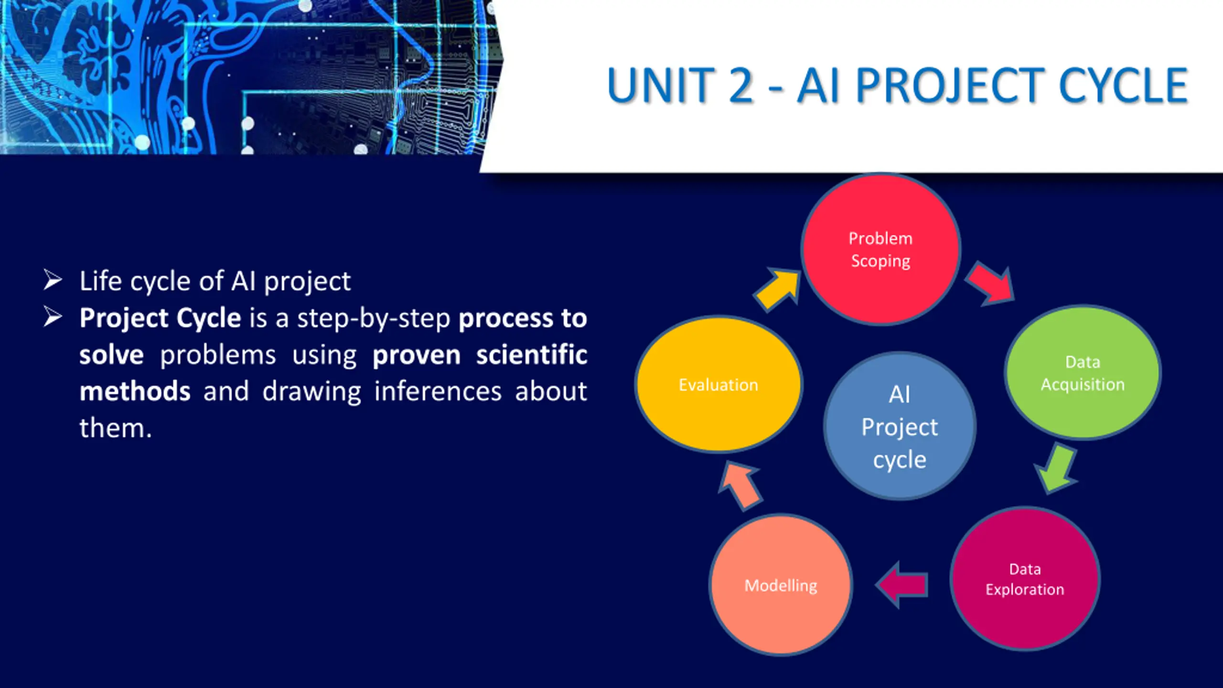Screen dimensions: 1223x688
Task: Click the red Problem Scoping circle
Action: pyautogui.click(x=880, y=249)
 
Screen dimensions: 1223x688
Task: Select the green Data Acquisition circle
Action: pyautogui.click(x=1083, y=372)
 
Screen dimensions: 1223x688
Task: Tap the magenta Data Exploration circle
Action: pyautogui.click(x=1025, y=579)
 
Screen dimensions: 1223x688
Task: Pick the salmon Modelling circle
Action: pyautogui.click(x=781, y=584)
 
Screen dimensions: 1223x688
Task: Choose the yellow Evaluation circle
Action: pyautogui.click(x=719, y=384)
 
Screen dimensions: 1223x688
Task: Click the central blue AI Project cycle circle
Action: pyautogui.click(x=900, y=426)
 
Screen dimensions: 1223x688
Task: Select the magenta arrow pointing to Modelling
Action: pyautogui.click(x=901, y=584)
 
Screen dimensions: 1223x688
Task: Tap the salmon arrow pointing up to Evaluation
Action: pyautogui.click(x=740, y=485)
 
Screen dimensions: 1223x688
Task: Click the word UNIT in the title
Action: pyautogui.click(x=661, y=86)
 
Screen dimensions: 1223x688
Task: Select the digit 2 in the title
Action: pyautogui.click(x=741, y=86)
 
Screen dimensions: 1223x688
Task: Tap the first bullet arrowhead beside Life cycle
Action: pyautogui.click(x=53, y=280)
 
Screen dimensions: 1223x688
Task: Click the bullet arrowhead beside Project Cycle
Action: pyautogui.click(x=53, y=317)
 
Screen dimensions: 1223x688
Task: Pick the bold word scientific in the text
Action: pyautogui.click(x=532, y=355)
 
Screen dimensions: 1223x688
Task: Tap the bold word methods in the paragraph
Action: pyautogui.click(x=135, y=392)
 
